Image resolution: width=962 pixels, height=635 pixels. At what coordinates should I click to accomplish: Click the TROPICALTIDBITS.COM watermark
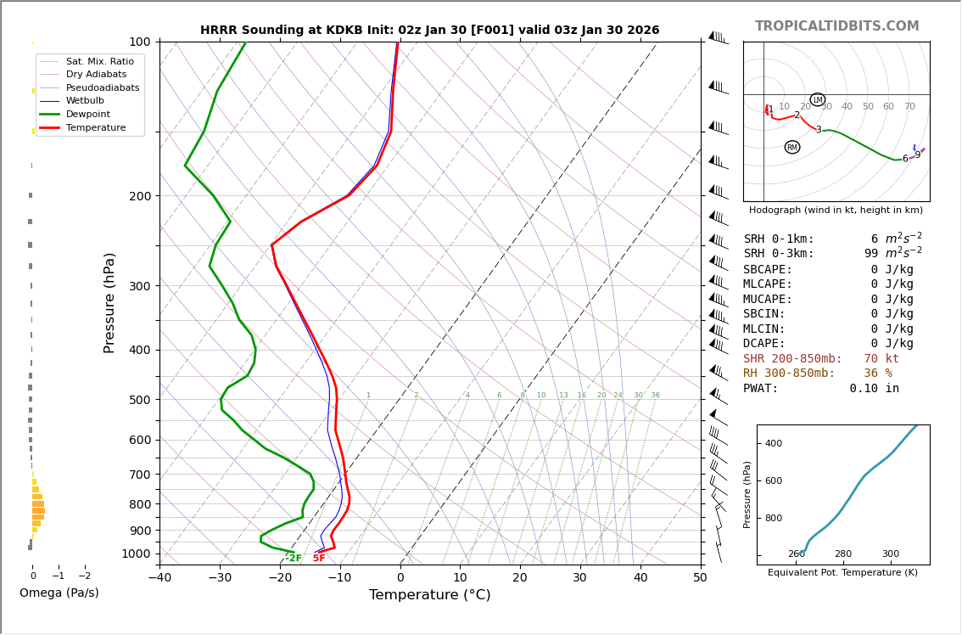click(836, 26)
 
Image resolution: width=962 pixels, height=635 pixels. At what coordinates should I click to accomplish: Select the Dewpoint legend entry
click(88, 114)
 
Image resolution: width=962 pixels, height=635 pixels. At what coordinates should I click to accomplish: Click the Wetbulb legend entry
click(88, 101)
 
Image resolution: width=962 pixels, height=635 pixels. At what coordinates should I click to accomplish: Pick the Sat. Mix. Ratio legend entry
click(99, 62)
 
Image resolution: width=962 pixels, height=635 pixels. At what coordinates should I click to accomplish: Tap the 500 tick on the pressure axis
click(139, 400)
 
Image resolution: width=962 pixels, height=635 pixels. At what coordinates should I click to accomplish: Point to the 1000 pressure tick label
click(136, 554)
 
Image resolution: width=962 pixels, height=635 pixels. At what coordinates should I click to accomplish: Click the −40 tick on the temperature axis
click(159, 578)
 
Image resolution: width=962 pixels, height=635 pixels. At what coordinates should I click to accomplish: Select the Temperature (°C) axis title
click(429, 595)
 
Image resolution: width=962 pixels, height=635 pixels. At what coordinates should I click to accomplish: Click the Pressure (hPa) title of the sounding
click(109, 302)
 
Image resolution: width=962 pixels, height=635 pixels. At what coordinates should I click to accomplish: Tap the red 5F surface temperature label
click(319, 559)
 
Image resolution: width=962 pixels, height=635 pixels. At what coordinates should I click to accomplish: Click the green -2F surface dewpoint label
click(293, 559)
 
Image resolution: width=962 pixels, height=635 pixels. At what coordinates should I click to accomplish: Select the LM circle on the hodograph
click(818, 99)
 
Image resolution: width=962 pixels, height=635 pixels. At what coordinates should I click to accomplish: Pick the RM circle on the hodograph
click(792, 147)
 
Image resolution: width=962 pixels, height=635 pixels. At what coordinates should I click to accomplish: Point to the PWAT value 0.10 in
click(874, 389)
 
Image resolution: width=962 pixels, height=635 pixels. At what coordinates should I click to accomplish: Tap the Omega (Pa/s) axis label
click(59, 593)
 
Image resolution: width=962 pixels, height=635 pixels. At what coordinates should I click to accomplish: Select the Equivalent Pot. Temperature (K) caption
click(842, 573)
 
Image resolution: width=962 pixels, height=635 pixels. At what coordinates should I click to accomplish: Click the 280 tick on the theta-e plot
click(842, 554)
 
